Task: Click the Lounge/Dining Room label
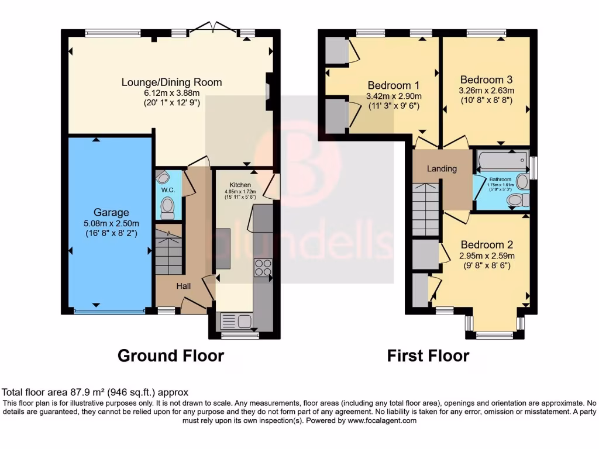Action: (x=171, y=82)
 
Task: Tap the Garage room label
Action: (x=111, y=212)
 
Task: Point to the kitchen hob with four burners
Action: (x=263, y=267)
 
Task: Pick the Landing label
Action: (x=442, y=169)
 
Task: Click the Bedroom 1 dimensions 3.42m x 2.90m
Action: (x=394, y=96)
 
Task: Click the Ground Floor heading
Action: (x=171, y=355)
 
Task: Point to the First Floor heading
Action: (x=428, y=355)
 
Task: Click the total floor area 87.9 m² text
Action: (x=95, y=392)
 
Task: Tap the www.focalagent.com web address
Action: (x=381, y=420)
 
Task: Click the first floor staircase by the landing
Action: (x=426, y=209)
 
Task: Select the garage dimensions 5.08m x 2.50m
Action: (x=111, y=223)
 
